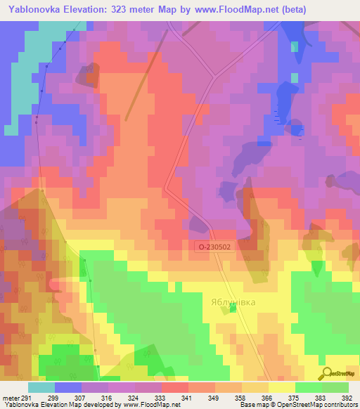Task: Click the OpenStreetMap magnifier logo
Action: pyautogui.click(x=326, y=373)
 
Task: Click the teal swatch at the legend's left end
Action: pyautogui.click(x=41, y=387)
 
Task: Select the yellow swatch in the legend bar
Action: pyautogui.click(x=281, y=387)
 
